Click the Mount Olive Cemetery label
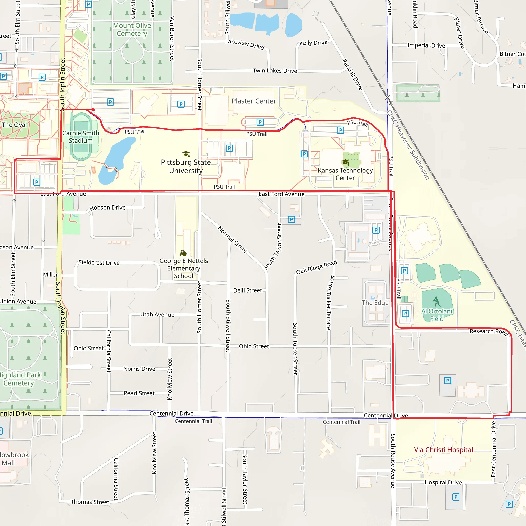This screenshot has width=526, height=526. (x=132, y=29)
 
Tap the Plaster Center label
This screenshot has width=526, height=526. (x=254, y=101)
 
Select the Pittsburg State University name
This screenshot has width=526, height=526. (x=186, y=166)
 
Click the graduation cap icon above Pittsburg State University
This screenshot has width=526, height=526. (x=186, y=154)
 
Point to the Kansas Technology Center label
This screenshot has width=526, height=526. (x=345, y=174)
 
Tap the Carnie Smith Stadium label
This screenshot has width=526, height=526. (x=81, y=137)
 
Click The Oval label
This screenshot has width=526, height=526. (x=14, y=125)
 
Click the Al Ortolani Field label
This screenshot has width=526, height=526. (x=437, y=315)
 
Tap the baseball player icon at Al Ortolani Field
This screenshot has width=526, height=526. (x=437, y=302)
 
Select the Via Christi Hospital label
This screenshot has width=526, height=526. (x=443, y=450)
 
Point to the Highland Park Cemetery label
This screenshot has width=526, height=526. (x=19, y=379)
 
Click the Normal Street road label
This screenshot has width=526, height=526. (x=232, y=240)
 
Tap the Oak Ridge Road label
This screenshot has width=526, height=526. (x=316, y=267)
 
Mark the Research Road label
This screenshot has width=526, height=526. (x=489, y=332)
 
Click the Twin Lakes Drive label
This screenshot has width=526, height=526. (x=275, y=71)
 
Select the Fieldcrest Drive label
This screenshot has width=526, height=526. (x=99, y=263)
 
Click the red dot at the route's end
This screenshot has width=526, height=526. (x=93, y=110)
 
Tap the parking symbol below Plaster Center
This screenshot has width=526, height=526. (x=260, y=122)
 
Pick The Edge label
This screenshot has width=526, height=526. (x=375, y=303)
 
